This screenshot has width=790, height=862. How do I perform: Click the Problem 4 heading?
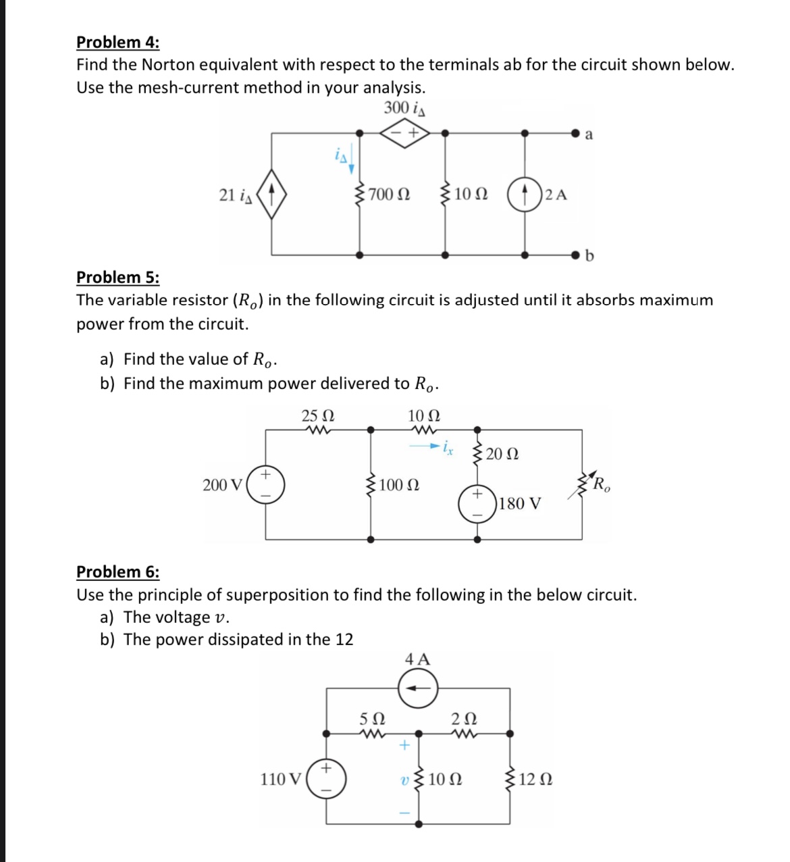point(118,42)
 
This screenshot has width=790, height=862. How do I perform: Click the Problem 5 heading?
point(118,277)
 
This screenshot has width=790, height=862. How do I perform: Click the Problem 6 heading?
point(118,572)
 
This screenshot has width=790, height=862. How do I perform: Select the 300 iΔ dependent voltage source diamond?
point(402,133)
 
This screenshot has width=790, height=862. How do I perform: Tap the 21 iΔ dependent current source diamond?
point(271,195)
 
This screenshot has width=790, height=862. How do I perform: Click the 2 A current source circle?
point(525,195)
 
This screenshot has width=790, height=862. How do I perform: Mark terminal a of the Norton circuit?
point(576,134)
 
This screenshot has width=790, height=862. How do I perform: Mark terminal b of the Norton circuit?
point(576,255)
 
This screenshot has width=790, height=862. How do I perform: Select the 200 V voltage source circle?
point(265,484)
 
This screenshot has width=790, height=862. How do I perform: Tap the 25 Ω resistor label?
point(317,415)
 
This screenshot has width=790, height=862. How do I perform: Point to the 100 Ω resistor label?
point(399,485)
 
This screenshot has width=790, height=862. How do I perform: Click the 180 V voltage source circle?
point(477,504)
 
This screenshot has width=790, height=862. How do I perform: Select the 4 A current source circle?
point(418,689)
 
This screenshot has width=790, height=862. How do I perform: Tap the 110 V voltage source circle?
point(327,779)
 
